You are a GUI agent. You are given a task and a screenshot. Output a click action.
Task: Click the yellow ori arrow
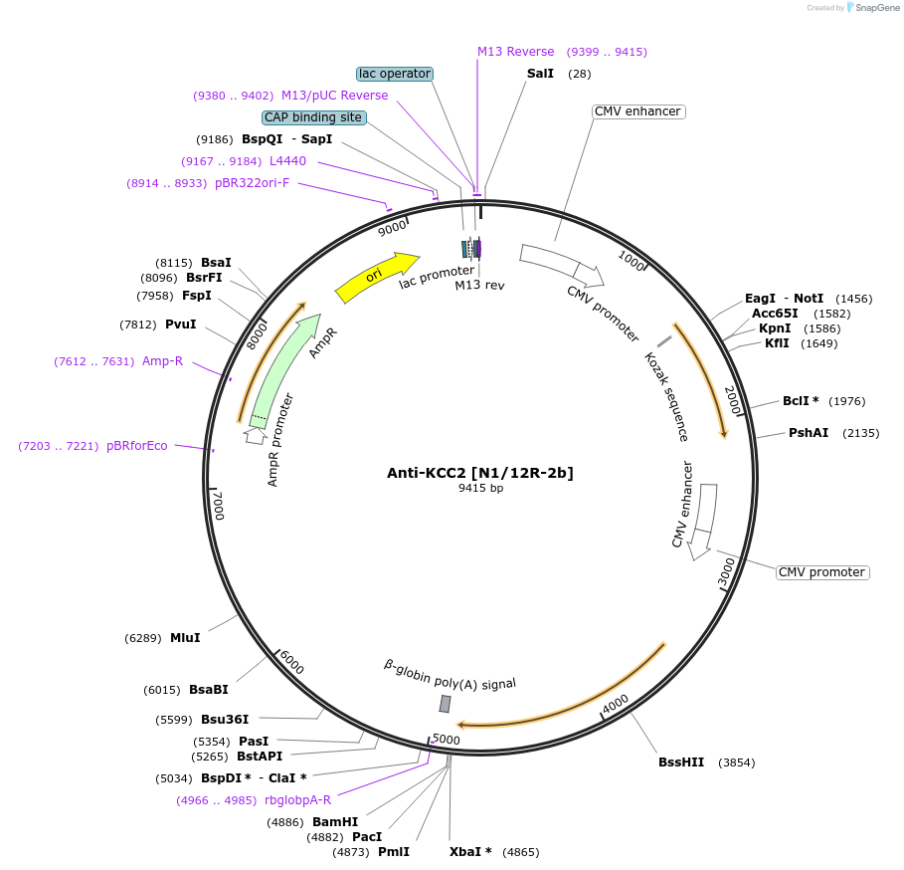(376, 276)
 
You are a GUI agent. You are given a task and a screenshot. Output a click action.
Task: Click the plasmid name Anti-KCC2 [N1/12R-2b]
(480, 472)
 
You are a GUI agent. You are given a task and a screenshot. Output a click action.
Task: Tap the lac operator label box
(395, 74)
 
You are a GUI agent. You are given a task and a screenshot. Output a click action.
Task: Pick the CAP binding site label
(313, 117)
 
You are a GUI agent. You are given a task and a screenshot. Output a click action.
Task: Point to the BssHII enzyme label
(681, 762)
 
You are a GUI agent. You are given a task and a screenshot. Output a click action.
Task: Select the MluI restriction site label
(185, 638)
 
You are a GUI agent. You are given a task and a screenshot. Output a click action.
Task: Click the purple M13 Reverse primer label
(515, 52)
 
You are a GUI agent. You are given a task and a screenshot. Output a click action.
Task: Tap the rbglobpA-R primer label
(298, 800)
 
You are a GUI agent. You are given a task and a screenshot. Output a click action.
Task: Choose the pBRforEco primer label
(137, 446)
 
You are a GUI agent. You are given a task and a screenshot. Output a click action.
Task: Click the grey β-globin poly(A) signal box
(446, 704)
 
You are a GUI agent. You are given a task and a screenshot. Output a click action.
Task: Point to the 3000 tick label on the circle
(727, 572)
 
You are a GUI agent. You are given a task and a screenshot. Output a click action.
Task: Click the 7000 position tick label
(220, 505)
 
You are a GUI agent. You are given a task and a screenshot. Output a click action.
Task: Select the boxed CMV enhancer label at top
(637, 111)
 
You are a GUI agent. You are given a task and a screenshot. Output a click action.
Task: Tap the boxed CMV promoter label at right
(821, 572)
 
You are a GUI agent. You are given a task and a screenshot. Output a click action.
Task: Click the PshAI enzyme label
(809, 433)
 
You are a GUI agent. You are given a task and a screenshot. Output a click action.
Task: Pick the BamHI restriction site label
(335, 822)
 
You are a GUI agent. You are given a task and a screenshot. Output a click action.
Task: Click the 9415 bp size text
(480, 488)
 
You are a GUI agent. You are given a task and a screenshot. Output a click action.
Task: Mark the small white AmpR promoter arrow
(256, 435)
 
